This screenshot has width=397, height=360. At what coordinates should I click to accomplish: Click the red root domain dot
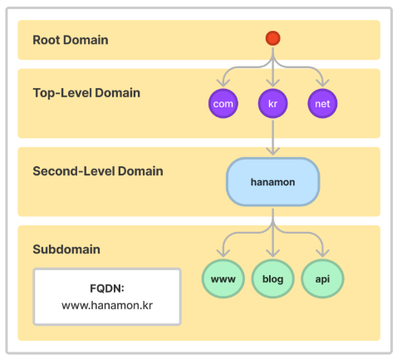click(x=272, y=38)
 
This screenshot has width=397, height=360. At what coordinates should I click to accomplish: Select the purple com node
click(x=223, y=103)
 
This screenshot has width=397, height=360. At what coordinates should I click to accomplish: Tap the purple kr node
click(x=272, y=103)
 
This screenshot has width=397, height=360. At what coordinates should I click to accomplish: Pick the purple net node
click(x=322, y=103)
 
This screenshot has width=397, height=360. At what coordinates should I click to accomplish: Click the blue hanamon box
click(x=272, y=182)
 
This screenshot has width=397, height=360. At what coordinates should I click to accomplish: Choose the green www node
click(x=223, y=279)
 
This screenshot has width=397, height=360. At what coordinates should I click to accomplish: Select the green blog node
click(x=272, y=279)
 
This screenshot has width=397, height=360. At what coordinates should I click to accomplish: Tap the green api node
click(x=322, y=279)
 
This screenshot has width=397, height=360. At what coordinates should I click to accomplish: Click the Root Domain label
click(x=71, y=40)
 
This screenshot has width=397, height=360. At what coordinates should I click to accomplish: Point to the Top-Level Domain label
click(x=86, y=93)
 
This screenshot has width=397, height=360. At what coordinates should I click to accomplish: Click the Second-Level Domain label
click(x=98, y=171)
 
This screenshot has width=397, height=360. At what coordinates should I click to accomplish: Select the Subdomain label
click(x=66, y=249)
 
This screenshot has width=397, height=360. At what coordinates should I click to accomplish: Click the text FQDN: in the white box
click(x=107, y=288)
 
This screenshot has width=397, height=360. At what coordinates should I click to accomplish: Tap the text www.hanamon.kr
click(x=107, y=305)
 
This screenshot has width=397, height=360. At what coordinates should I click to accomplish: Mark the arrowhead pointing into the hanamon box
click(x=272, y=151)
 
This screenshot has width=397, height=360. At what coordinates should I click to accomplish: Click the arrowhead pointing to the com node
click(x=223, y=83)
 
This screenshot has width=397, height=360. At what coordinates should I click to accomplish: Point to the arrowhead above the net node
click(x=322, y=83)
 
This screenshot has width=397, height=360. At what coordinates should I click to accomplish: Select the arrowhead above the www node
click(x=223, y=253)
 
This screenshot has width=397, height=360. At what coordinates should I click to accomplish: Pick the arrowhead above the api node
click(x=322, y=253)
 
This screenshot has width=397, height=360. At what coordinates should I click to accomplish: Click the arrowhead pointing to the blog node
click(x=272, y=253)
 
